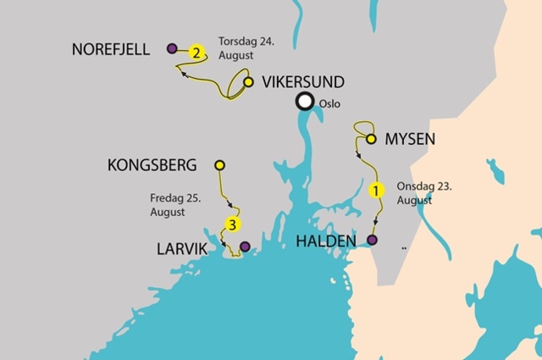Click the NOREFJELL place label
pyautogui.click(x=112, y=50)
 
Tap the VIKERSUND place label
pyautogui.click(x=302, y=82)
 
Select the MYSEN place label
pyautogui.click(x=410, y=139)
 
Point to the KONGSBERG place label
pyautogui.click(x=152, y=165)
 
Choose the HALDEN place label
pyautogui.click(x=326, y=241)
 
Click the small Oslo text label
pyautogui.click(x=332, y=104)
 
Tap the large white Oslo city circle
pyautogui.click(x=304, y=102)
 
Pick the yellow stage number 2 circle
pyautogui.click(x=197, y=53)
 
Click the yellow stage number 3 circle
pyautogui.click(x=231, y=224)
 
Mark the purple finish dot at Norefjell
pyautogui.click(x=173, y=49)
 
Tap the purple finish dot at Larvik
pyautogui.click(x=245, y=246)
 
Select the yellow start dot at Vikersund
pyautogui.click(x=248, y=82)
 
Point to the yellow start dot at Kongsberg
pyautogui.click(x=219, y=165)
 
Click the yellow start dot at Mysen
pyautogui.click(x=371, y=139)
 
